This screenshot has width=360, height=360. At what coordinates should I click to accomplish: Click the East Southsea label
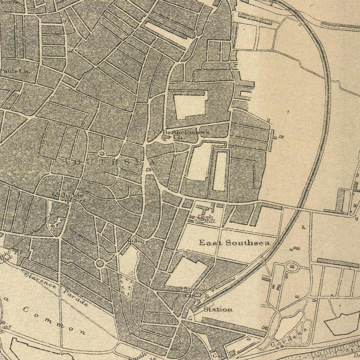[x=234, y=242]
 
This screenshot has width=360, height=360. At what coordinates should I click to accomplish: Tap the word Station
[x=218, y=309]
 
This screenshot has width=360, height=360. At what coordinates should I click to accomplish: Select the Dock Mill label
[x=207, y=218]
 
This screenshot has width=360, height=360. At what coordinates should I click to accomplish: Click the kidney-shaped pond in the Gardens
[x=289, y=325]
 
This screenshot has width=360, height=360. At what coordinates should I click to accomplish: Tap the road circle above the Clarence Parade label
[x=100, y=264]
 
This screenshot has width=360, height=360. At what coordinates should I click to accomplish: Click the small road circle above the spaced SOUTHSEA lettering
[x=101, y=153]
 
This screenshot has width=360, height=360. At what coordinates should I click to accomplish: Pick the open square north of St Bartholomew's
[x=190, y=105]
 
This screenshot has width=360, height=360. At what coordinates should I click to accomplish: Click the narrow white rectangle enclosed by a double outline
[x=219, y=171]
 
